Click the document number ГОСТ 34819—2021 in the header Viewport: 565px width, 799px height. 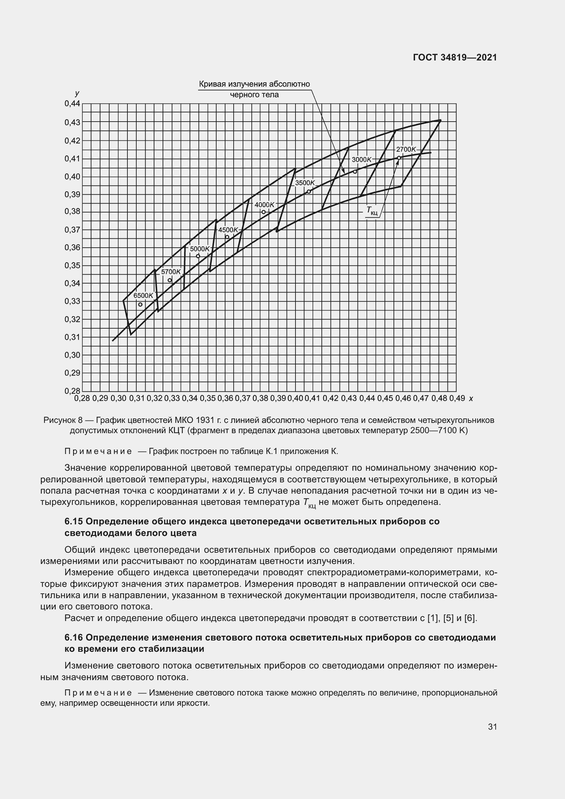[455, 58]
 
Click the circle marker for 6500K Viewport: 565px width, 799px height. [140, 304]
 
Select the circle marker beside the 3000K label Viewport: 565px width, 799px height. [355, 171]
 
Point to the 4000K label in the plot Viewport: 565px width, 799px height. [264, 205]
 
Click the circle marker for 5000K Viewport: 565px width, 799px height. [198, 256]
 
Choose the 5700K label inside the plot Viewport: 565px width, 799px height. [171, 272]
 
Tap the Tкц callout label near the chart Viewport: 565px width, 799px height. [372, 210]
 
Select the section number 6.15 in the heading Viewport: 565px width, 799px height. [73, 522]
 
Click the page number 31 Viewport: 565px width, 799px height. [492, 727]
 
